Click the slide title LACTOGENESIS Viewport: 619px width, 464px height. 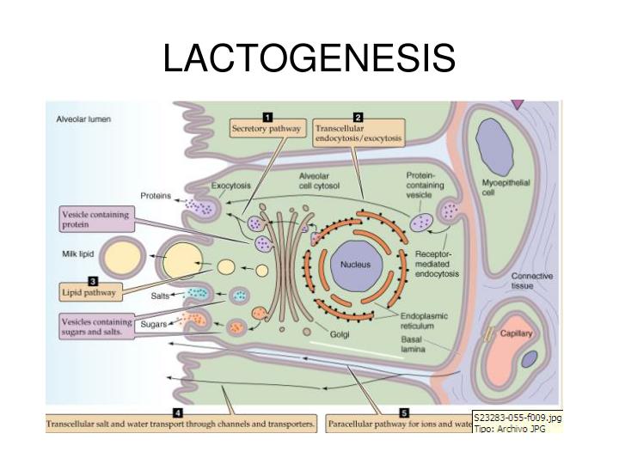(309, 58)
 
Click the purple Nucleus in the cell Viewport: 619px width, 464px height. (354, 265)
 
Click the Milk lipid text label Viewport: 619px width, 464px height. (77, 254)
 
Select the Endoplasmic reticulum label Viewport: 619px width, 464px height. (423, 321)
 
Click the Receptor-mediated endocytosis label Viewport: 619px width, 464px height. (437, 265)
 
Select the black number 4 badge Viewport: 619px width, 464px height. (176, 413)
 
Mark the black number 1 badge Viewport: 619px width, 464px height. (267, 116)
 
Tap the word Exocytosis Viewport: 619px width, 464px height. (231, 186)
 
